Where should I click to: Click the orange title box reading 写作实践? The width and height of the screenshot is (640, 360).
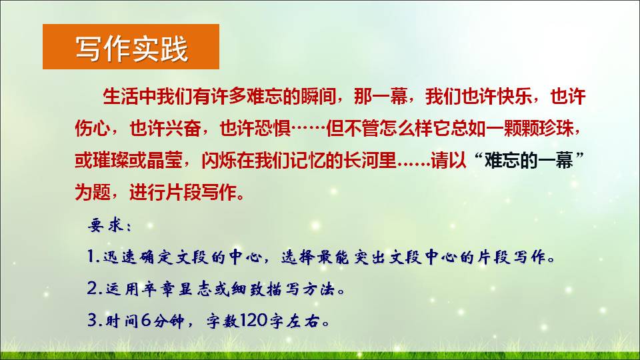click(x=131, y=47)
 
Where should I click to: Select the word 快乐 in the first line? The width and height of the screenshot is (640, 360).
click(x=514, y=97)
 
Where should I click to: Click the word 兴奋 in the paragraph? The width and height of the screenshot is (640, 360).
click(x=183, y=129)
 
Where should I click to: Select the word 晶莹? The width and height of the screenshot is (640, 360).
click(x=165, y=161)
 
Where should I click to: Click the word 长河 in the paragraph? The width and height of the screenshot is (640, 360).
click(x=363, y=161)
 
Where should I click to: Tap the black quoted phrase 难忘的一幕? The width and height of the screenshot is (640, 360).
click(x=529, y=161)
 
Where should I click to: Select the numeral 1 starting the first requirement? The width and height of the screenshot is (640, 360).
click(x=91, y=257)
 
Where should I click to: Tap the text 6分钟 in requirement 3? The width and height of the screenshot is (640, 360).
click(x=163, y=321)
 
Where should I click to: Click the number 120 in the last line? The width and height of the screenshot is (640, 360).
click(x=253, y=321)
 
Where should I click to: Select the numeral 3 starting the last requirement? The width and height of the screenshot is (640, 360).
click(x=92, y=321)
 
